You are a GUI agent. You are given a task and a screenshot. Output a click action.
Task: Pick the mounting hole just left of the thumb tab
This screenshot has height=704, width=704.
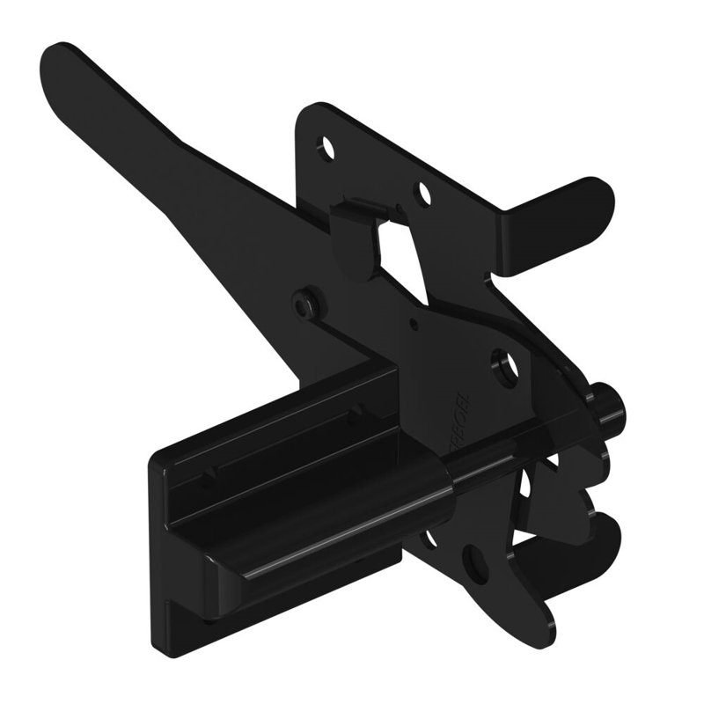(424, 191)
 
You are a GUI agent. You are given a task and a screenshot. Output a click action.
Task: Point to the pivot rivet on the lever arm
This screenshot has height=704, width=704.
(305, 302)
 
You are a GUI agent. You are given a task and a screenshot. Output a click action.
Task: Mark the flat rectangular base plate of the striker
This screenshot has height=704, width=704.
(176, 546)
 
